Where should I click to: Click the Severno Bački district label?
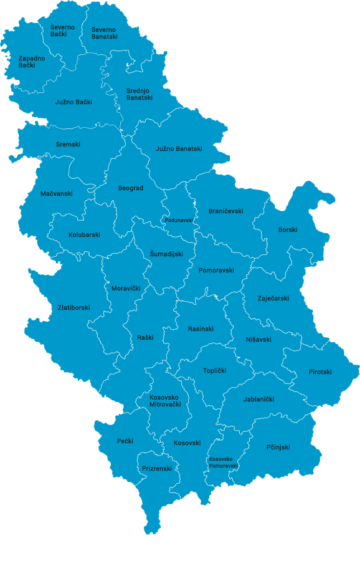62,32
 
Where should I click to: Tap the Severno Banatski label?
104,33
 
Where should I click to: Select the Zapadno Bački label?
31,62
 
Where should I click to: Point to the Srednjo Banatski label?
139,94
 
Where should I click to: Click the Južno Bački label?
73,102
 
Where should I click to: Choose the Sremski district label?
68,145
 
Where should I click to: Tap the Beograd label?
131,188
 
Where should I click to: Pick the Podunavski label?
179,220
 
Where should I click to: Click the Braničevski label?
225,211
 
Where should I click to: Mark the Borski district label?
288,230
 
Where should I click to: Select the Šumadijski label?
166,254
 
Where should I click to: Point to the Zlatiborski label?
73,308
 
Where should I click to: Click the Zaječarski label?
273,299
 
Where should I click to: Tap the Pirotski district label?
320,372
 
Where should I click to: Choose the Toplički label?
214,371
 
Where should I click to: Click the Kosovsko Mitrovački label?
165,401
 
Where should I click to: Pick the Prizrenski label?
157,469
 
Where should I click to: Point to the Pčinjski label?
278,448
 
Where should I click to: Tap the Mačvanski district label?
56,194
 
